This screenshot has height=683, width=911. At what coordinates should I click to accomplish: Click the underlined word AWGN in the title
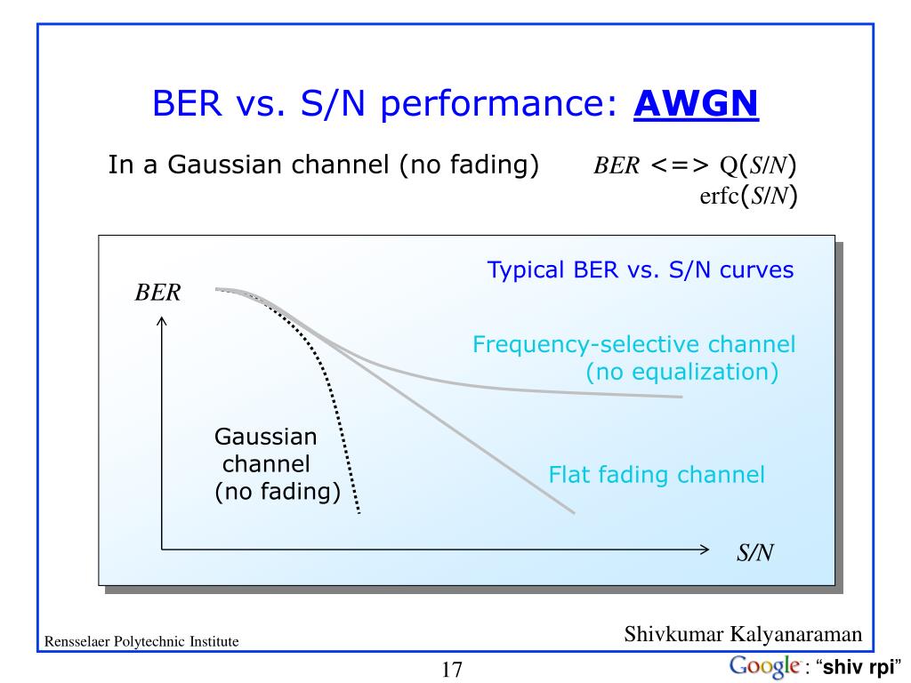point(696,104)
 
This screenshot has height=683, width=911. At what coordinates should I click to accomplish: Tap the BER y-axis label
point(158,293)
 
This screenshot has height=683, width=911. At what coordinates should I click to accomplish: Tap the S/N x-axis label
point(754,553)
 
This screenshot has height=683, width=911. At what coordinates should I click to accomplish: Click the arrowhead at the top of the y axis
point(162,324)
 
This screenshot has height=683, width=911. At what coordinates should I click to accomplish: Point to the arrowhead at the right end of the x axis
point(705,549)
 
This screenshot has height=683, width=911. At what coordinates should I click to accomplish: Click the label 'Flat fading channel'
point(657,475)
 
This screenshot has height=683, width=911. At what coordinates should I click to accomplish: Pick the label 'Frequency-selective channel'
point(633,344)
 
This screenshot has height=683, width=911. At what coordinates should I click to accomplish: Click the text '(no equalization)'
point(681,372)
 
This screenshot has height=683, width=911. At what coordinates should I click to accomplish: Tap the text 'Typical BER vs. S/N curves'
point(640,270)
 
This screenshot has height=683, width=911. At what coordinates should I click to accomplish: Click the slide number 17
point(452,670)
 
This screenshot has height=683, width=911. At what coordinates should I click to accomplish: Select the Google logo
point(763,666)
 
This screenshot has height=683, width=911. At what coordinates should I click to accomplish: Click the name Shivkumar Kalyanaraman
point(743,634)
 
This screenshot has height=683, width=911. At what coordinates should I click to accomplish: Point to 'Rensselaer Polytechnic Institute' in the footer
point(141,641)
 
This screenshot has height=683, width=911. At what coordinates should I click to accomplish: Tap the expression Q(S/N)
point(757,165)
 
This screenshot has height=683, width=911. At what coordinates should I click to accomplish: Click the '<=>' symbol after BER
point(679,165)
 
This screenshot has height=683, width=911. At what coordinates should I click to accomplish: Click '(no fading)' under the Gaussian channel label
point(278,492)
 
